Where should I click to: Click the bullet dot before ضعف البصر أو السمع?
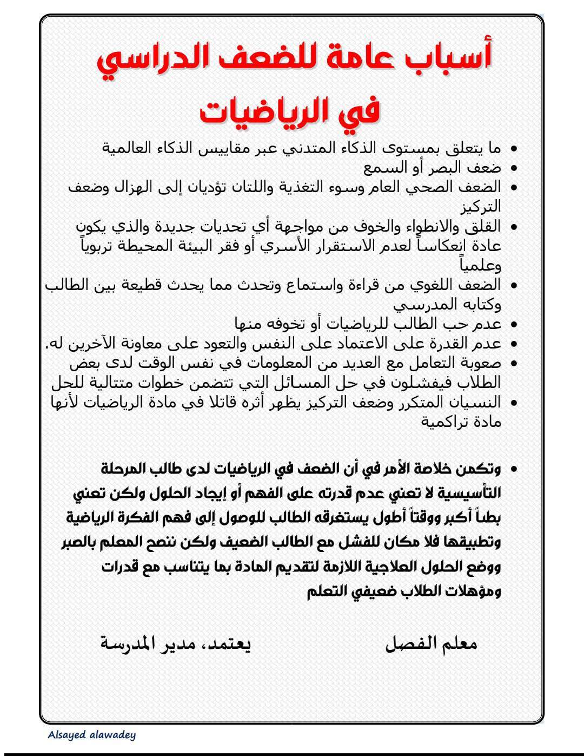513,168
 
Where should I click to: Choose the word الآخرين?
89,344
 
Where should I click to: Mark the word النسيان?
476,403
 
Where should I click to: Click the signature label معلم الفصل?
431,643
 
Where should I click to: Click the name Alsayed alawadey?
91,735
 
